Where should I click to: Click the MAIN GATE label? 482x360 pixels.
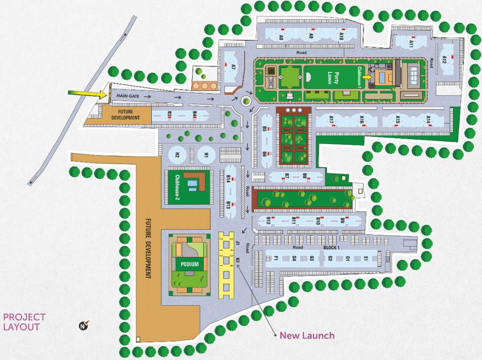(x=127, y=96)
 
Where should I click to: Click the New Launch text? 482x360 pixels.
(x=307, y=335)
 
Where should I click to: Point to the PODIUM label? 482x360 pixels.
(x=190, y=264)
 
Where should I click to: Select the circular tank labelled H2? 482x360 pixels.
(x=178, y=155)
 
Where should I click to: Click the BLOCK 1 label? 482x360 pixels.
(x=331, y=247)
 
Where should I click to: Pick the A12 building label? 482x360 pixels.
(x=445, y=60)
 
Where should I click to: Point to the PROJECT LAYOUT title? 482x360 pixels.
(x=24, y=322)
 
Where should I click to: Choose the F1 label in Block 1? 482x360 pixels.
(x=276, y=258)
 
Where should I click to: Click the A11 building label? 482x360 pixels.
(x=411, y=44)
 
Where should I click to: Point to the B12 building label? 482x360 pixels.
(x=268, y=220)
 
